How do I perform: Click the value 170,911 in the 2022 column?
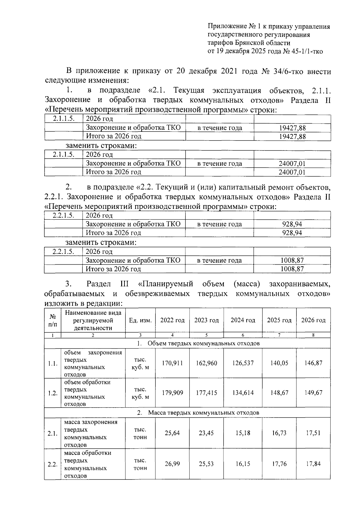point(172,363)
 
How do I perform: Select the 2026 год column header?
point(313,320)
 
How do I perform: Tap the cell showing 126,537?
point(243,363)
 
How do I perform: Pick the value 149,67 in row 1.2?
point(313,393)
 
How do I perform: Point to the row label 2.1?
point(52,433)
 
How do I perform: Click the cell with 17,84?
point(313,464)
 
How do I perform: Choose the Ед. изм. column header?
point(140,320)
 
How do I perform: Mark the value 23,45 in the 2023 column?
point(206,433)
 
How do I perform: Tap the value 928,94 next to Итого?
point(292,233)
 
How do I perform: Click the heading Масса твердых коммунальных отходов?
point(204,413)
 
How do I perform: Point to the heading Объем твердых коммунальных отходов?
point(204,343)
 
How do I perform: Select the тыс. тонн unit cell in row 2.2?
point(140,464)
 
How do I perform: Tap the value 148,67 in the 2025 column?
point(279,393)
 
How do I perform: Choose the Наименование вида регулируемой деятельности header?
point(93,320)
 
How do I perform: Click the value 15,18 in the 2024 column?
point(243,433)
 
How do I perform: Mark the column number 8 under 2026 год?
point(313,335)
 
